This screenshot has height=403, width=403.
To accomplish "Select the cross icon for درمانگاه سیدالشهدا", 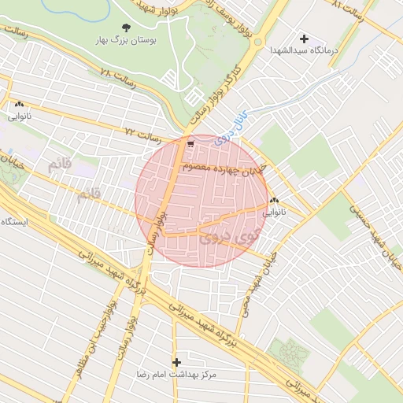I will pyautogui.click(x=304, y=38).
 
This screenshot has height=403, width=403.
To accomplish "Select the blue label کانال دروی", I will pyautogui.click(x=230, y=124).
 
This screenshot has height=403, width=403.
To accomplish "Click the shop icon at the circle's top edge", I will pyautogui.click(x=191, y=142).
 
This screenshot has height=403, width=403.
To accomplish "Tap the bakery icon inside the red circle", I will pyautogui.click(x=274, y=201).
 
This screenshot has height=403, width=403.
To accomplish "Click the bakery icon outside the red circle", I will pyautogui.click(x=19, y=104).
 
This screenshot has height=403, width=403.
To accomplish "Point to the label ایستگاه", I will pyautogui.click(x=15, y=222).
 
